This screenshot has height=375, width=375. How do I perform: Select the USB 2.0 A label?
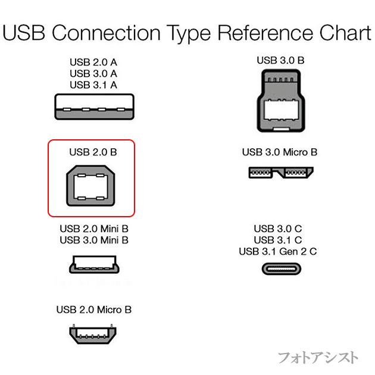[x=93, y=62]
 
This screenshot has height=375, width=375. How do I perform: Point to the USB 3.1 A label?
[x=93, y=85]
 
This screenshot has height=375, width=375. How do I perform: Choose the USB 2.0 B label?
[x=93, y=152]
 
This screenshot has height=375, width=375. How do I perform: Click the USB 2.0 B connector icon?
[x=93, y=187]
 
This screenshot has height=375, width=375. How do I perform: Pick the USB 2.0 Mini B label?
[x=94, y=229]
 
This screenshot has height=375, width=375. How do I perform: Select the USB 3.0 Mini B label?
[x=94, y=240]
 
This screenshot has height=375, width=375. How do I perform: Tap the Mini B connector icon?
[x=93, y=264]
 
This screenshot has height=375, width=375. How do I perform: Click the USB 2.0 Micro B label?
[x=94, y=310]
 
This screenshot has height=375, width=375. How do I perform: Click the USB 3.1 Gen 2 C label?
[x=278, y=251]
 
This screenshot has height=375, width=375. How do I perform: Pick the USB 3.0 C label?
[x=278, y=229]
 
